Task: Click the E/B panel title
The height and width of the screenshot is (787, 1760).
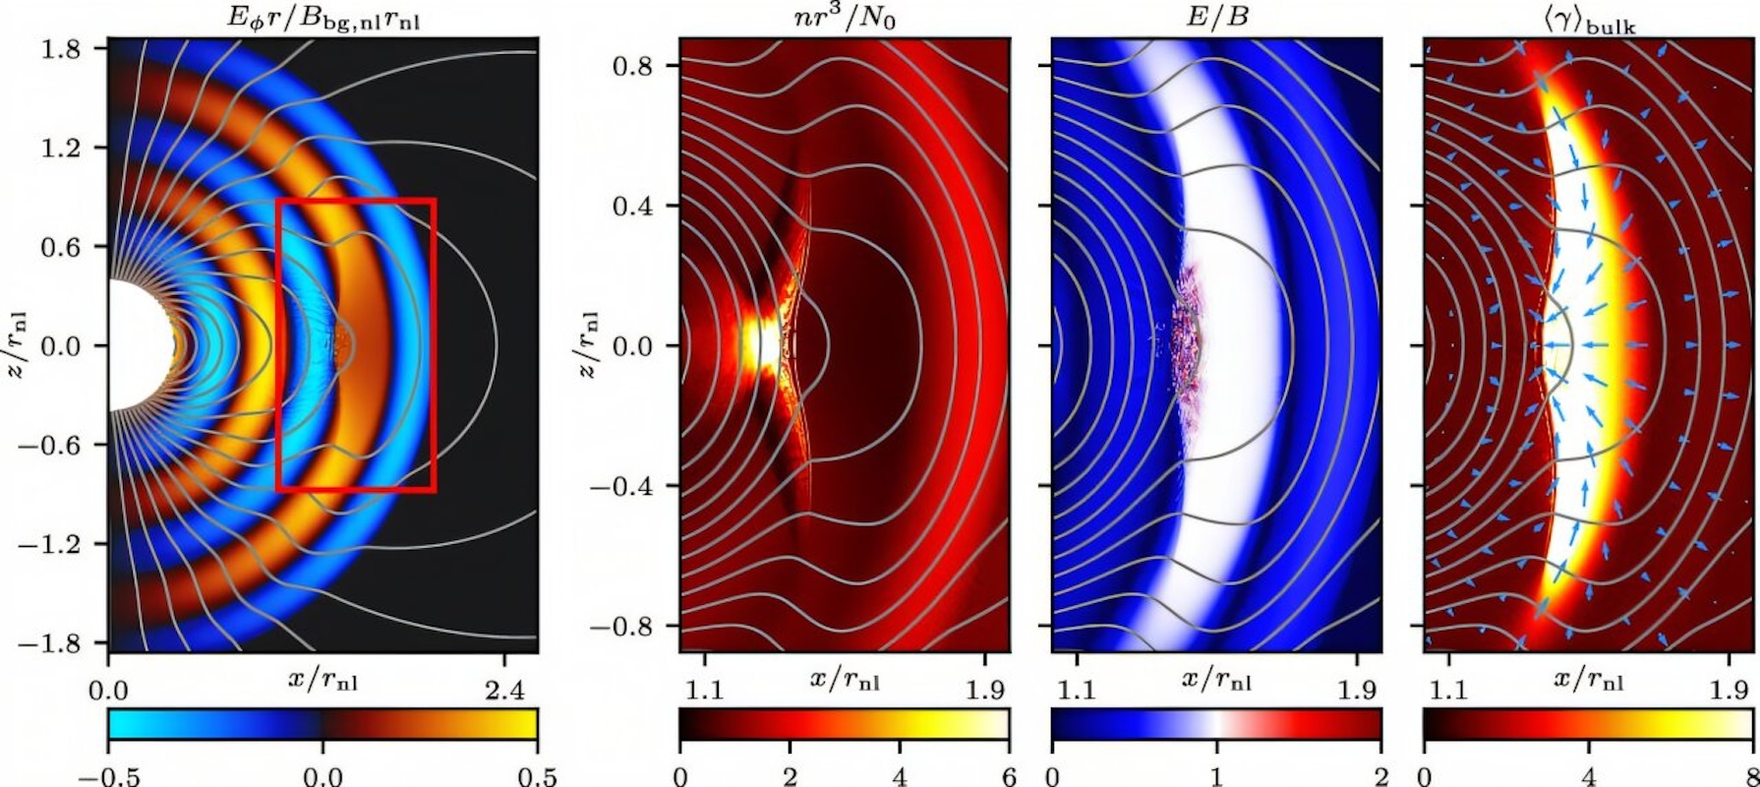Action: (x=1216, y=18)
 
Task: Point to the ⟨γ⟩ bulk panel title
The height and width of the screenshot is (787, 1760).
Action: (x=1590, y=20)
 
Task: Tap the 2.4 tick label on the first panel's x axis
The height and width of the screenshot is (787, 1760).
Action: (x=504, y=692)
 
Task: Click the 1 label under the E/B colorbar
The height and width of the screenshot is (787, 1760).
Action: (x=1216, y=775)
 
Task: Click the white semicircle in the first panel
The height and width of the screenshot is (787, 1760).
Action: (x=134, y=345)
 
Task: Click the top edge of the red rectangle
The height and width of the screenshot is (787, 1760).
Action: (x=356, y=200)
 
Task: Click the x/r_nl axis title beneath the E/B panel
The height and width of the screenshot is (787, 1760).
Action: (x=1216, y=679)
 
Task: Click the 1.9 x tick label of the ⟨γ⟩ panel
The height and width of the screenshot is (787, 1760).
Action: (x=1730, y=691)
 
